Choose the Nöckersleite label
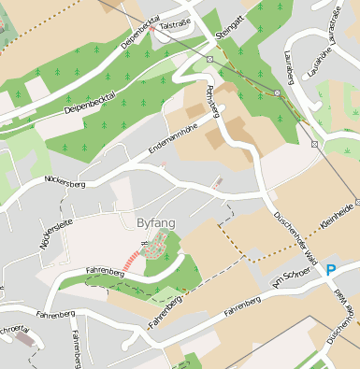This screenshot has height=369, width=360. pyautogui.click(x=42, y=231)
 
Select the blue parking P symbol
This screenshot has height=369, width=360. pyautogui.click(x=330, y=271)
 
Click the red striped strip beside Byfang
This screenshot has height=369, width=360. pyautogui.click(x=136, y=258)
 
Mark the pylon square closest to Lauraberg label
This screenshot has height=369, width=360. pyautogui.click(x=277, y=93)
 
